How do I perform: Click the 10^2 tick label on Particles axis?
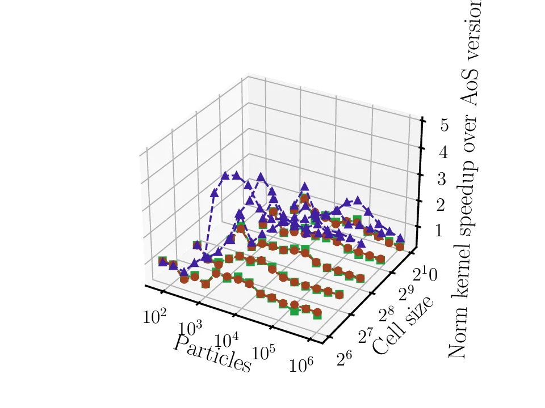154,316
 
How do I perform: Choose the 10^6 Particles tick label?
301,366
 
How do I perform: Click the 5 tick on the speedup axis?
443,124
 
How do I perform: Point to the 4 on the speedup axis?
443,152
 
